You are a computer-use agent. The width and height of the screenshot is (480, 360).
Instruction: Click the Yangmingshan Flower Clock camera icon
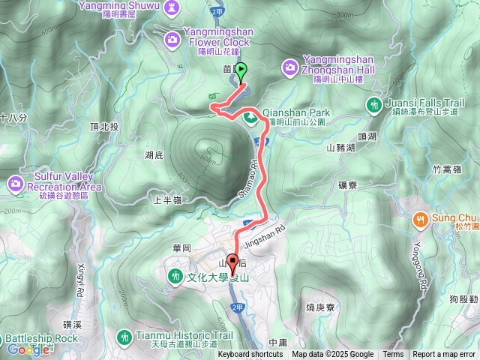pos(173,38)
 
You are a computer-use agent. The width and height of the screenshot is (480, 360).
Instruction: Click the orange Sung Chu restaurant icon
pos(420,219)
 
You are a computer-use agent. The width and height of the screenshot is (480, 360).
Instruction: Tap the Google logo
pos(28,349)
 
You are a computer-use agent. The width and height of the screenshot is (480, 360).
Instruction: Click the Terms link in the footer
pos(393,355)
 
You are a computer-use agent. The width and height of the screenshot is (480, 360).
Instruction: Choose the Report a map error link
pos(445,355)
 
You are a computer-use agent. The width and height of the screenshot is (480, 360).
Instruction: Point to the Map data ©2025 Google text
pos(333,355)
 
